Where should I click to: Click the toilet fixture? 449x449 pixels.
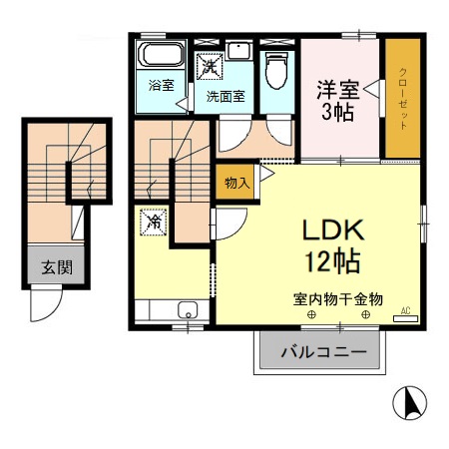pyautogui.click(x=278, y=70)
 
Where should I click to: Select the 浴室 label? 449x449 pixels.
pyautogui.click(x=161, y=85)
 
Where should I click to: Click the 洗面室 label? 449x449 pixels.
pyautogui.click(x=225, y=97)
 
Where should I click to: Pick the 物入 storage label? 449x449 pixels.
pyautogui.click(x=236, y=182)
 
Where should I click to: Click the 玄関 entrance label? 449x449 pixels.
pyautogui.click(x=53, y=267)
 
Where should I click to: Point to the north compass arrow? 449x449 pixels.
pyautogui.click(x=405, y=402)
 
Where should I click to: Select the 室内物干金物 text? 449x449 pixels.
pyautogui.click(x=337, y=298)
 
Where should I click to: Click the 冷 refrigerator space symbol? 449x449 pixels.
pyautogui.click(x=155, y=220)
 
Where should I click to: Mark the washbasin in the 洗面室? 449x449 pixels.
pyautogui.click(x=239, y=54)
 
